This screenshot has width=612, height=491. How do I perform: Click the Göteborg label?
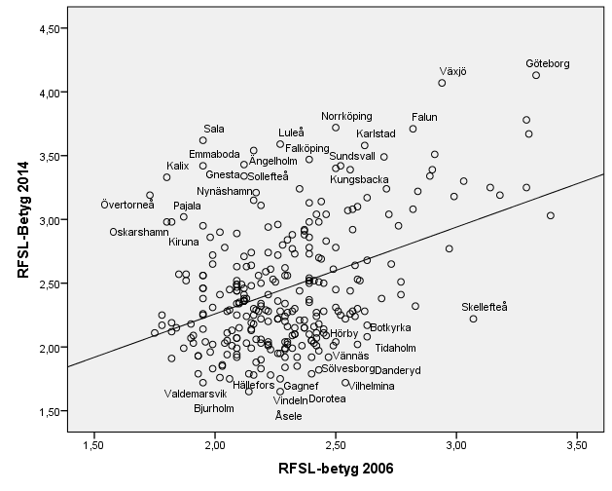pyautogui.click(x=548, y=63)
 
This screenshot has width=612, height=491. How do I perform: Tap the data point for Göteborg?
pyautogui.click(x=536, y=75)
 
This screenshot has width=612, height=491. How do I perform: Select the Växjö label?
pyautogui.click(x=452, y=71)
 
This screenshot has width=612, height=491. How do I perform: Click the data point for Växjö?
pyautogui.click(x=442, y=83)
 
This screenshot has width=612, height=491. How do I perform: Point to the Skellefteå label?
pyautogui.click(x=486, y=307)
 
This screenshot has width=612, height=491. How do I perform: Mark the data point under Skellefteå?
pyautogui.click(x=473, y=319)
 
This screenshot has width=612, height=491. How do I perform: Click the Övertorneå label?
pyautogui.click(x=127, y=204)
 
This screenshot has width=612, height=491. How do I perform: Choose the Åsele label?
pyautogui.click(x=288, y=415)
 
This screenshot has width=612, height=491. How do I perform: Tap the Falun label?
pyautogui.click(x=425, y=117)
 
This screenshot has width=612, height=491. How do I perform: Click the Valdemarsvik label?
pyautogui.click(x=195, y=393)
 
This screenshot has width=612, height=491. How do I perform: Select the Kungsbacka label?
pyautogui.click(x=360, y=179)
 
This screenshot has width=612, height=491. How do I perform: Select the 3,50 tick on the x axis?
pyautogui.click(x=576, y=445)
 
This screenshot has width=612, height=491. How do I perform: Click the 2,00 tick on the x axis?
pyautogui.click(x=214, y=445)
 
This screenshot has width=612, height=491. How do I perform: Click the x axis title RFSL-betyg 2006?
pyautogui.click(x=334, y=469)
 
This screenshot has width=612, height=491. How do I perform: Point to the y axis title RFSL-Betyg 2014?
pyautogui.click(x=21, y=220)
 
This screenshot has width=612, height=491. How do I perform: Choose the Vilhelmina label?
pyautogui.click(x=372, y=386)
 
